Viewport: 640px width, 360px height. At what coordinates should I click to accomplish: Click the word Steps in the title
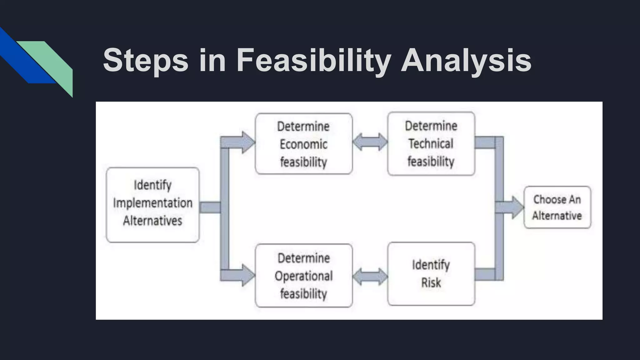(146, 60)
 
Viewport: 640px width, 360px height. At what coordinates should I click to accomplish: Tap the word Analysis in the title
(466, 60)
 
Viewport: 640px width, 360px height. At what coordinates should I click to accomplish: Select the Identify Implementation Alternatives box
(152, 205)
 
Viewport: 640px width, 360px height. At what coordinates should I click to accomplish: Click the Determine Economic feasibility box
(303, 144)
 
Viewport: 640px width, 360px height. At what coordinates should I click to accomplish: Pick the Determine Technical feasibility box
(431, 144)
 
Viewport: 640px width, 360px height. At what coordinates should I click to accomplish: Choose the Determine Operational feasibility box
(303, 276)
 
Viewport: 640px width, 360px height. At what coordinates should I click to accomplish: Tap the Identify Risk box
(431, 274)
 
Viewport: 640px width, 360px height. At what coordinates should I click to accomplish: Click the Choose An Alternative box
(557, 207)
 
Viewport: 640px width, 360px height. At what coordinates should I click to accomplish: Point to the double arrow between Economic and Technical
(370, 142)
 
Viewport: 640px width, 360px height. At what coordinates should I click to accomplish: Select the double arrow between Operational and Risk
(370, 276)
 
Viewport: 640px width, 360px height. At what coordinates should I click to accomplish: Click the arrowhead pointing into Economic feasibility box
(248, 142)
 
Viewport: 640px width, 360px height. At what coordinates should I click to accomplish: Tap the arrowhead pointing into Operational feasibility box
(248, 275)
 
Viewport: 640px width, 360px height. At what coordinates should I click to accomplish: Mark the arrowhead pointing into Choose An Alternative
(517, 207)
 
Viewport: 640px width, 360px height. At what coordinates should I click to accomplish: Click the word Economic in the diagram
(303, 144)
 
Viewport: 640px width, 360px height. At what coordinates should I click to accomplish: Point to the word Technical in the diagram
(431, 144)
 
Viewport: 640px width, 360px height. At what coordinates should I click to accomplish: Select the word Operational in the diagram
(303, 276)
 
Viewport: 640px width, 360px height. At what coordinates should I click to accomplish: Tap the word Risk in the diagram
(431, 283)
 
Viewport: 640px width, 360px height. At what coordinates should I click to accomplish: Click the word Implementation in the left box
(152, 203)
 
